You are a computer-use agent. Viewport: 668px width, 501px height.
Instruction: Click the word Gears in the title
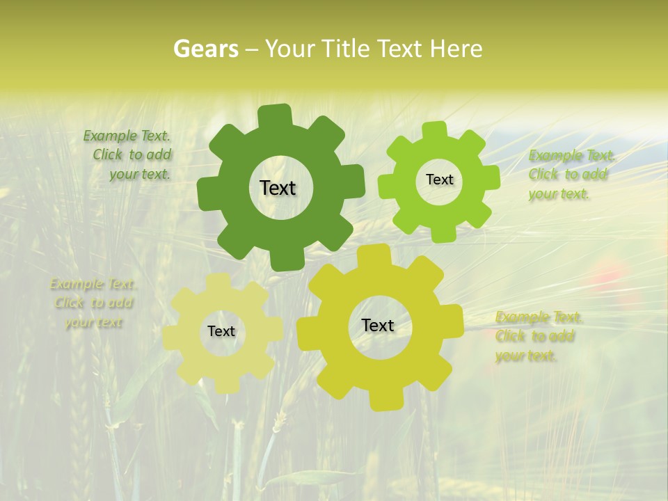coord(205,49)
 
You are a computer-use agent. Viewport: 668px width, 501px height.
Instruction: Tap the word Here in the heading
coord(456,49)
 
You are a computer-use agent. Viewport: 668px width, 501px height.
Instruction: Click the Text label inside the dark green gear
coord(278,188)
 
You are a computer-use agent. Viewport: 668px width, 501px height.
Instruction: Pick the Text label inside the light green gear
coord(439,180)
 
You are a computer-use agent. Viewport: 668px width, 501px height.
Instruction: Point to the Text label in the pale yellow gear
coord(221,331)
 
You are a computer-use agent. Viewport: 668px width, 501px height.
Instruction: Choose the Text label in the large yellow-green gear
coord(378,325)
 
